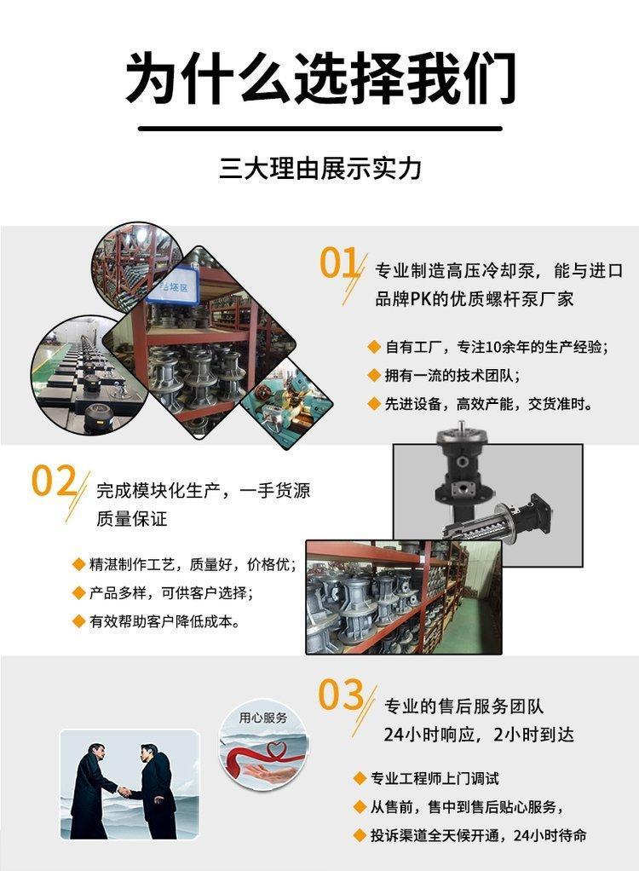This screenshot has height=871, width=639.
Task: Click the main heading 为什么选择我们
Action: coord(320,78)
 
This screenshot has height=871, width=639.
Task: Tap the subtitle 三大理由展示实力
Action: coord(320,168)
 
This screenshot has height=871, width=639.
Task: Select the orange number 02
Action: coord(54,481)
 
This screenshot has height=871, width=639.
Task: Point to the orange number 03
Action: coord(341,695)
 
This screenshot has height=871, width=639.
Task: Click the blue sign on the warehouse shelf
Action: coord(173,287)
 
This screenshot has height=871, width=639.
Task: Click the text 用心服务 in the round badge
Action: coord(263,718)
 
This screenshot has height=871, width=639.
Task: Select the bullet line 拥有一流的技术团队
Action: coord(452,376)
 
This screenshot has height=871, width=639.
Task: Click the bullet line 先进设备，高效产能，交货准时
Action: coord(488,404)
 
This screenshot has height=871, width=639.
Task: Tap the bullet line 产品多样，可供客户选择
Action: coord(171,592)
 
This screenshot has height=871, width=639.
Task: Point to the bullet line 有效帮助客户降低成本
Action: coord(165,621)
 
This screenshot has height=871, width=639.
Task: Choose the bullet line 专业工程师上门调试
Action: coord(435,778)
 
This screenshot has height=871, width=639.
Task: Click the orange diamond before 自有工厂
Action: coord(374,347)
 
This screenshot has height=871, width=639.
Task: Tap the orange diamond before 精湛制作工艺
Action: coord(78,565)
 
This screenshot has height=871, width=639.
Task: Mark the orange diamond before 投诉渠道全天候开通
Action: coord(360,835)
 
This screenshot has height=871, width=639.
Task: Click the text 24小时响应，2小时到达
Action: coord(479,735)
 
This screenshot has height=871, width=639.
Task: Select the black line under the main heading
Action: coord(320,129)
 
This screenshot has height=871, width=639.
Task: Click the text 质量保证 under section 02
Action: coord(132,519)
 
